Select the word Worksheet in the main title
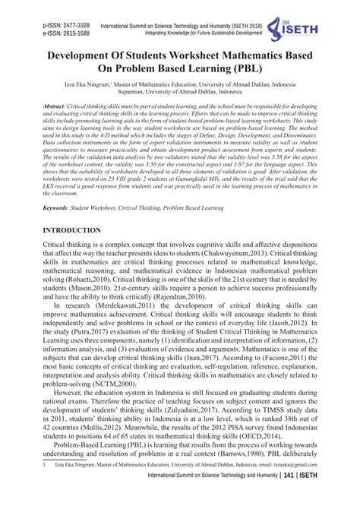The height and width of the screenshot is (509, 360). [x=188, y=57]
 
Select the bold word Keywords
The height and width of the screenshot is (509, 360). [x=58, y=206]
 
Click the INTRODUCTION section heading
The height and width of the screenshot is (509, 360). [x=82, y=229]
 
